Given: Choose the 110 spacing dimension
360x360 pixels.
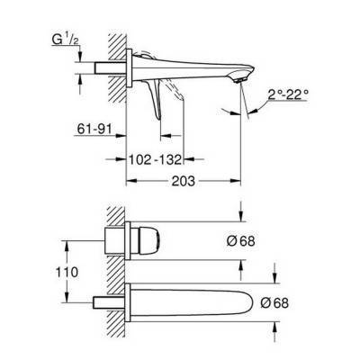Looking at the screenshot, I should [80, 270].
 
